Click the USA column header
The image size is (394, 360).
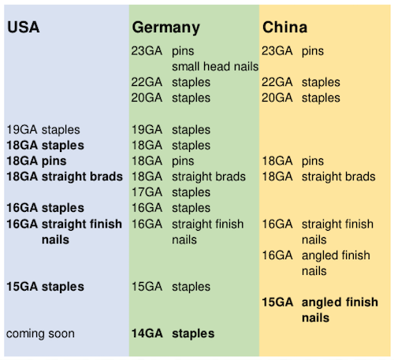(x=24, y=27)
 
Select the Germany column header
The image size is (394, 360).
(x=165, y=28)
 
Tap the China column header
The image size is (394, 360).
(x=284, y=27)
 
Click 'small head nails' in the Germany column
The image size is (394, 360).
(x=215, y=66)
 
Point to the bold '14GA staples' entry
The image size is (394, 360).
(x=173, y=334)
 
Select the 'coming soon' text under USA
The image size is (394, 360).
(x=40, y=334)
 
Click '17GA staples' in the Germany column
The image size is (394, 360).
(x=171, y=192)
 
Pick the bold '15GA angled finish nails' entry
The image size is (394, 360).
(x=320, y=310)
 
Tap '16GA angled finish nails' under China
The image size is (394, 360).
(x=316, y=263)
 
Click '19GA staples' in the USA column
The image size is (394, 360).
(x=43, y=130)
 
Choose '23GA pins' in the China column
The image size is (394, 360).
(x=292, y=51)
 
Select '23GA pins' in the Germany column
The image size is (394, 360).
(x=162, y=51)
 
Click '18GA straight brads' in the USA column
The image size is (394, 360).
(x=65, y=176)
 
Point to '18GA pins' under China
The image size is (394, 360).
(x=293, y=161)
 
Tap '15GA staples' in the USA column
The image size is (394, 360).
(x=45, y=287)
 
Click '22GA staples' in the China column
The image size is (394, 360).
(x=301, y=83)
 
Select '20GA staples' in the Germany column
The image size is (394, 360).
(x=171, y=98)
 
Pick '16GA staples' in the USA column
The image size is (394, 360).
(x=45, y=208)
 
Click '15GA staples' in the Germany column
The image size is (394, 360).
(x=171, y=287)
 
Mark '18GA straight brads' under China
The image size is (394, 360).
(x=319, y=176)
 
